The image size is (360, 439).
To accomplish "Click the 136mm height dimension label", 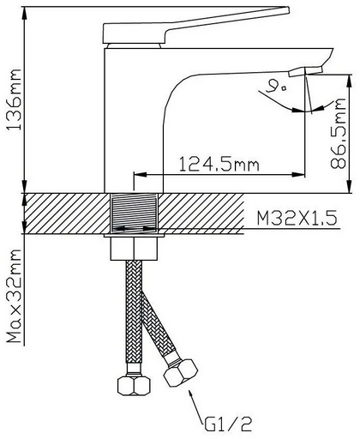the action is [x=15, y=99].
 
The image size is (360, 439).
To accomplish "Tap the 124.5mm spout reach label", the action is [x=219, y=164].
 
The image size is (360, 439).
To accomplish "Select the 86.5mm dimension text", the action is [x=339, y=133].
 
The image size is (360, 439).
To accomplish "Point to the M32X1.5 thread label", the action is [x=297, y=219].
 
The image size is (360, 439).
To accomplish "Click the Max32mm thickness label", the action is [x=15, y=297].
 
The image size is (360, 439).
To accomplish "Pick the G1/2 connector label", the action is [x=228, y=424].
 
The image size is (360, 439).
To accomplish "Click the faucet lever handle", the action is [x=195, y=25].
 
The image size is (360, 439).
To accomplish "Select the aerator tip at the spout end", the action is [x=306, y=71].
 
